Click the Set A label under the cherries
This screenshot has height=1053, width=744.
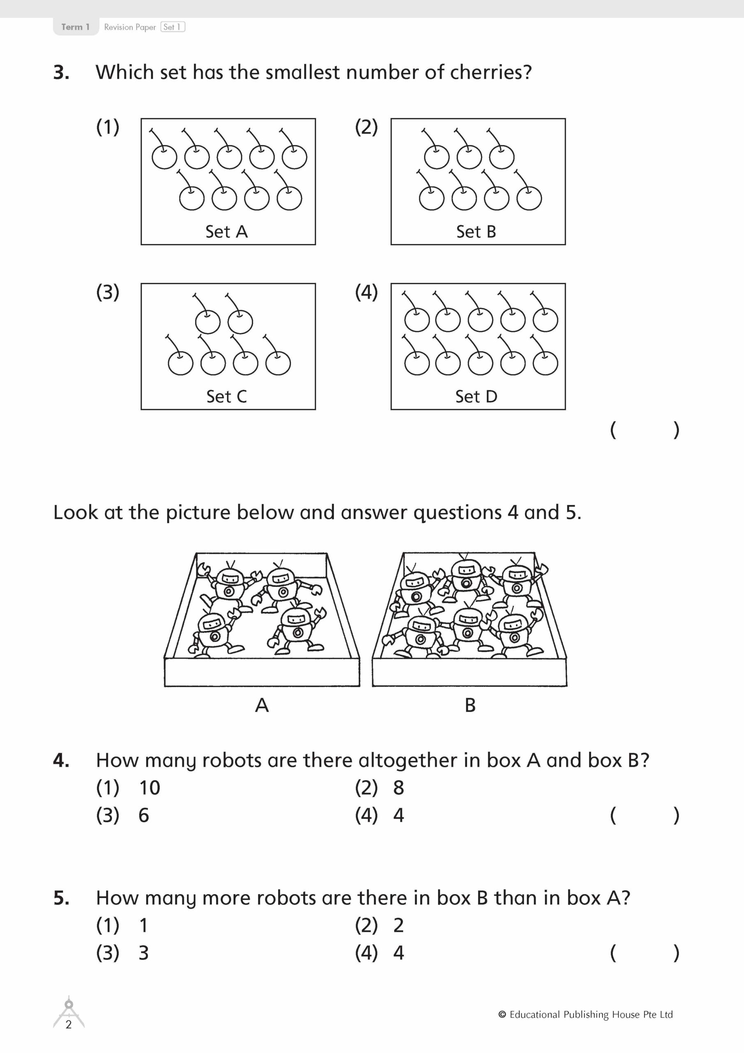226,232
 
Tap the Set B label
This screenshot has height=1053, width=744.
476,232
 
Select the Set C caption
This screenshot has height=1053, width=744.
226,397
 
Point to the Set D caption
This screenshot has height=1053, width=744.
476,397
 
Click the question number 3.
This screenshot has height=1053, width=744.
61,73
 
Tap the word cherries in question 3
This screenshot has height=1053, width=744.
490,72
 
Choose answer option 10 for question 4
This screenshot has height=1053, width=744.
150,788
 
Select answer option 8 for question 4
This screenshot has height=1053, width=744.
398,788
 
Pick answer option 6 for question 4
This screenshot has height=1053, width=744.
143,815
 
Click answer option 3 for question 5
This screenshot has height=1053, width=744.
143,953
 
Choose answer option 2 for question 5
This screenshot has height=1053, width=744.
398,925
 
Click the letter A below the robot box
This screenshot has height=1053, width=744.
262,705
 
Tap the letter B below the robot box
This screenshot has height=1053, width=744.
470,705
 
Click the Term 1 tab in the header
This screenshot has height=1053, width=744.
75,27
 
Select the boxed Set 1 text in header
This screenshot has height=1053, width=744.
172,27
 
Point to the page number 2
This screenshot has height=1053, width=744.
69,1025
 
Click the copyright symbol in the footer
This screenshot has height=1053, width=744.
502,1014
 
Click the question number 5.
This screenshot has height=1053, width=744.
61,898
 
